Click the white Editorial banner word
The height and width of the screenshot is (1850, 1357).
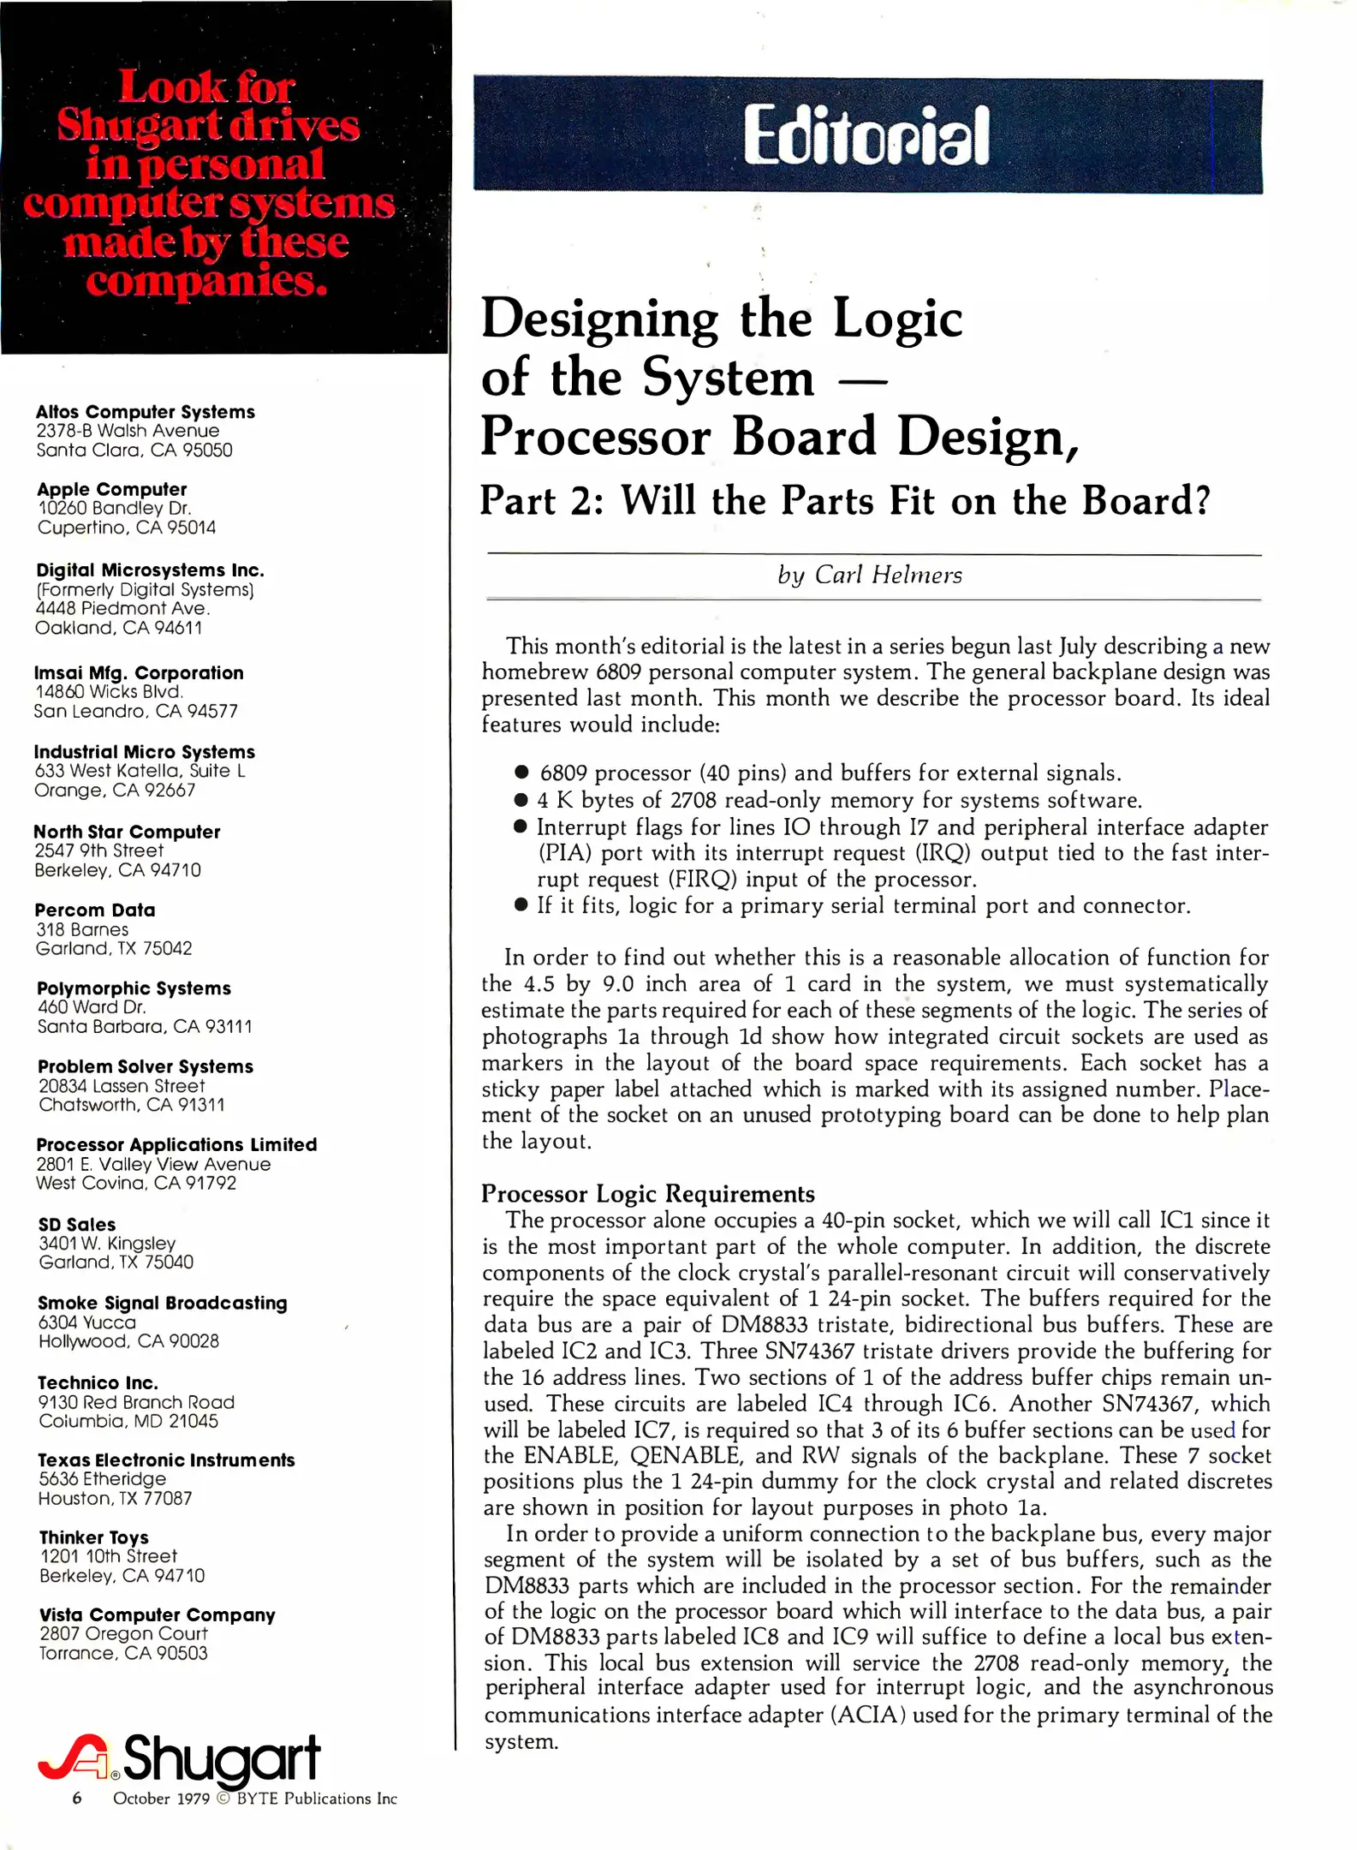[x=866, y=135]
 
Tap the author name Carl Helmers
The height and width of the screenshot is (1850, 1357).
[x=888, y=575]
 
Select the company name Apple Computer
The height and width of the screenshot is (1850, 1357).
[x=111, y=489]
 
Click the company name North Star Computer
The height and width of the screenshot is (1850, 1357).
[x=127, y=832]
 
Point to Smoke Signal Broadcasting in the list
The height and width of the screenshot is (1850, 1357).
[x=162, y=1303]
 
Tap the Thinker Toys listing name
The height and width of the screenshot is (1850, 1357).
[x=94, y=1537]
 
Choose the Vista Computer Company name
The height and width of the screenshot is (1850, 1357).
[x=157, y=1614]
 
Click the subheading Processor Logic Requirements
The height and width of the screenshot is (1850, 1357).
[x=647, y=1194]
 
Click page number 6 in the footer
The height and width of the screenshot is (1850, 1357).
[x=77, y=1799]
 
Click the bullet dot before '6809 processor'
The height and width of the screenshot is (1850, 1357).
[x=521, y=773]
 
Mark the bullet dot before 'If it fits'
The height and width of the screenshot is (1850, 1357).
[x=521, y=905]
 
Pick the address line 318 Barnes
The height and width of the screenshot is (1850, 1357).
[x=82, y=929]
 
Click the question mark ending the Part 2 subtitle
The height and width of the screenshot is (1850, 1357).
[x=1202, y=499]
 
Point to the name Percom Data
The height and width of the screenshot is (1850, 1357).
[x=95, y=910]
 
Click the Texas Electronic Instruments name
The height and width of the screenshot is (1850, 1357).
[x=166, y=1459]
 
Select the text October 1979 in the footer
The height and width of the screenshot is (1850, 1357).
[x=161, y=1799]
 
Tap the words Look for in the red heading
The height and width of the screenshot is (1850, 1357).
[x=205, y=87]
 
